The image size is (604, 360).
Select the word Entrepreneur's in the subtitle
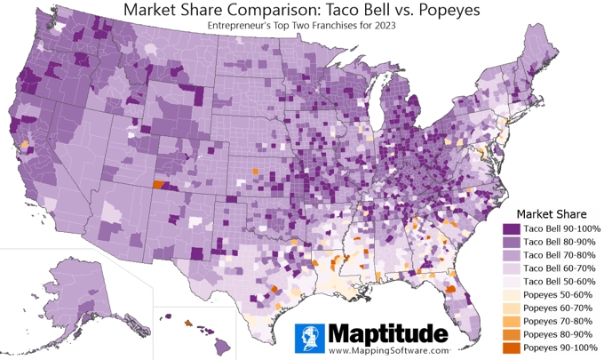[242, 27]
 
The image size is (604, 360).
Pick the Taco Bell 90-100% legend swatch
[510, 229]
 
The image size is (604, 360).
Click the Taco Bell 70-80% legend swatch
[510, 255]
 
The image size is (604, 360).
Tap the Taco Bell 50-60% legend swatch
[510, 281]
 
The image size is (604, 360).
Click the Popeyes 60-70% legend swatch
[510, 307]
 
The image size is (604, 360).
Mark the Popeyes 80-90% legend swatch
[510, 332]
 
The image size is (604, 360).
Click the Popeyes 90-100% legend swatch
[510, 346]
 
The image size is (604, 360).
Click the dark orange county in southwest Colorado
[159, 185]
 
